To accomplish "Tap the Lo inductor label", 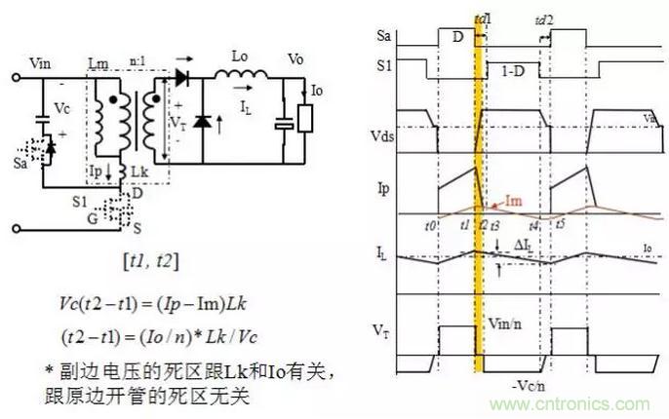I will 241,56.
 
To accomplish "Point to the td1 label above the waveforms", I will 481,19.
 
